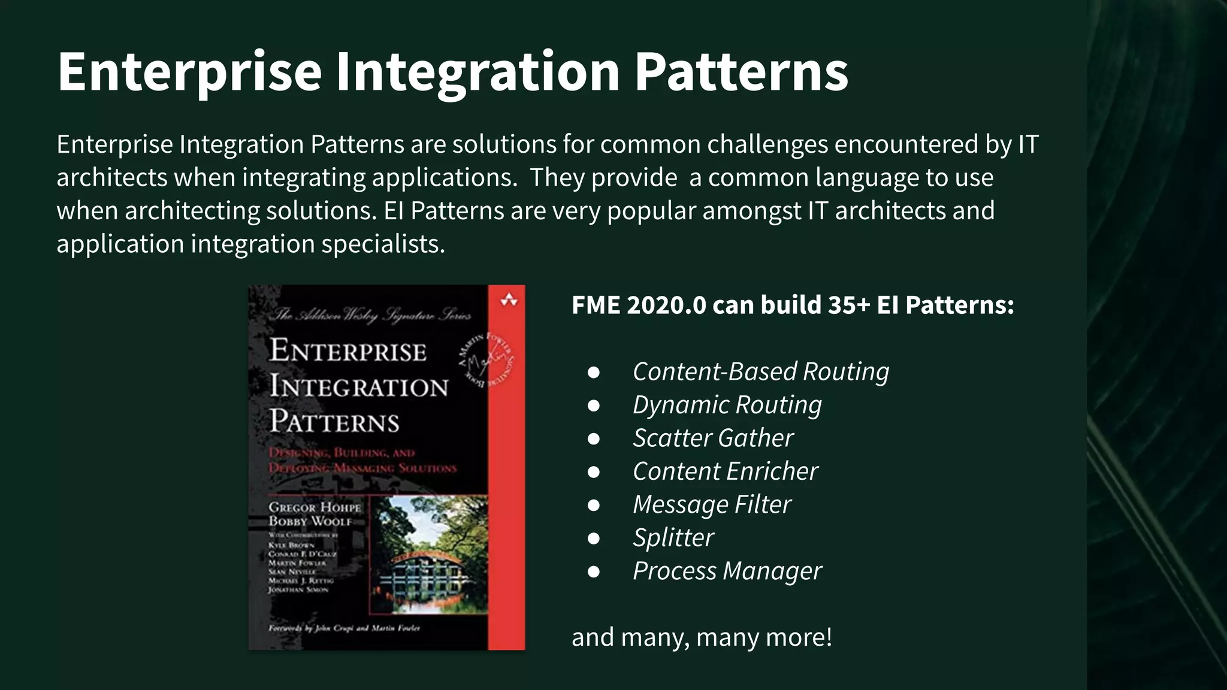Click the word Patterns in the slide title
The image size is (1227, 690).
coord(741,72)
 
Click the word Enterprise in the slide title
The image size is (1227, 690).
coord(190,72)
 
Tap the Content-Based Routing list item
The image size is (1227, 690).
coord(761,371)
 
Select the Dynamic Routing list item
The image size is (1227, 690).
coord(727,405)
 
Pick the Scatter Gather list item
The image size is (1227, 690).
coord(713,438)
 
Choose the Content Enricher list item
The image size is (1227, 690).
coord(725,471)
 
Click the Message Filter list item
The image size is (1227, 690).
coord(712,504)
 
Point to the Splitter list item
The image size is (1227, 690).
coord(673,538)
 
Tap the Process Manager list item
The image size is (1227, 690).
coord(727,571)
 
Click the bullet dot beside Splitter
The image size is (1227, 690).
coord(594,538)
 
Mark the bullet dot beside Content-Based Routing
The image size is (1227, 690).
coord(594,372)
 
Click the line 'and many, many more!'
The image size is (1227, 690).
coord(702,637)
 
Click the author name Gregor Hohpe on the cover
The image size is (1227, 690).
coord(315,507)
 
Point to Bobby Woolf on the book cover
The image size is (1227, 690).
coord(310,522)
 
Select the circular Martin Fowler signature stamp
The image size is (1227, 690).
coord(485,360)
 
